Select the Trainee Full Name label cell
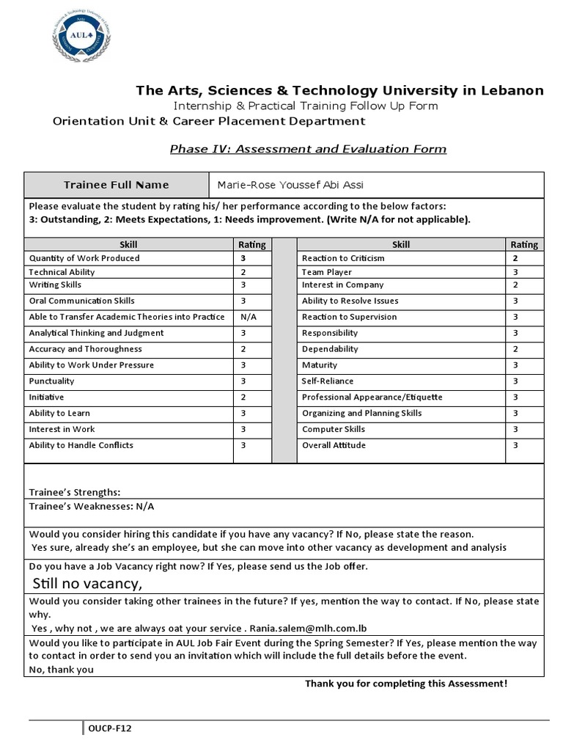[116, 185]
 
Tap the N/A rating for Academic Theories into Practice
[248, 317]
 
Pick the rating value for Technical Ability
[243, 272]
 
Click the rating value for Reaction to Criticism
[515, 258]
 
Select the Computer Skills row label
[333, 429]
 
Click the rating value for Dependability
[515, 349]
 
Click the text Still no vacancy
[87, 583]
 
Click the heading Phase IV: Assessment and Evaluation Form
[308, 149]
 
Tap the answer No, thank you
[62, 669]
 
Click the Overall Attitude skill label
[334, 445]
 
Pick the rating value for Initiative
[243, 397]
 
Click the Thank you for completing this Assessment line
[405, 684]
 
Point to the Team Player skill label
[327, 272]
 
